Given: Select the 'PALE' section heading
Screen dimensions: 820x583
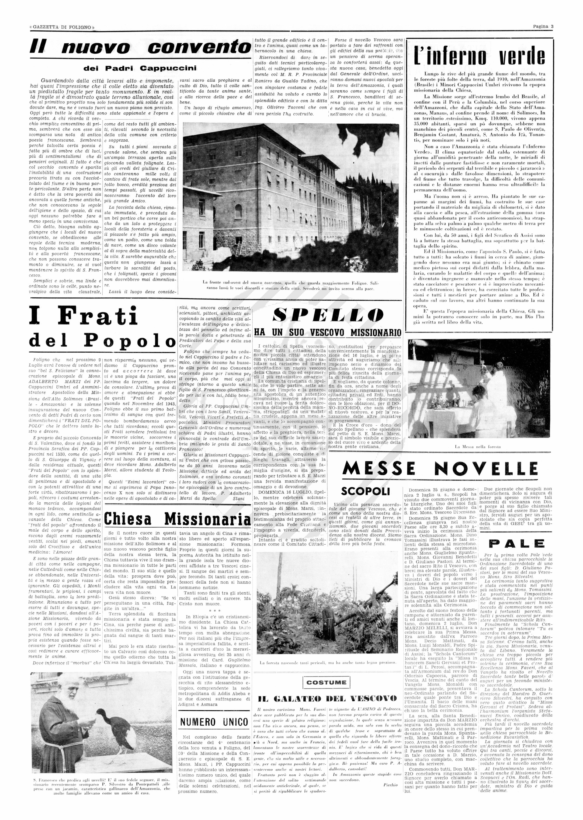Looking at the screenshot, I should tap(514, 543).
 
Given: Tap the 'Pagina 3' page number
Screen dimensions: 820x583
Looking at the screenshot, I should tap(543, 26).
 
